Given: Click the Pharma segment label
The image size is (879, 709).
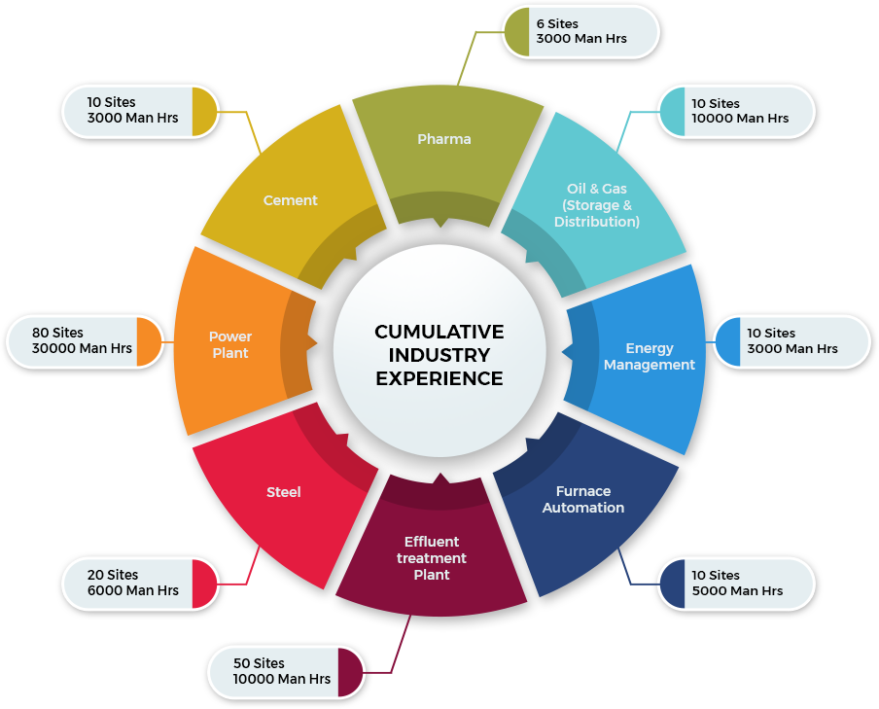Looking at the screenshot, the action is [444, 139].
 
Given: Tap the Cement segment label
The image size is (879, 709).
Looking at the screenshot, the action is [291, 200].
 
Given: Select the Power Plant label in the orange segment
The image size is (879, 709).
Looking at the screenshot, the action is [230, 344].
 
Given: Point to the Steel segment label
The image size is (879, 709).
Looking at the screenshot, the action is [284, 492].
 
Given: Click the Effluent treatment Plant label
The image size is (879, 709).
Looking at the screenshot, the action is [432, 558].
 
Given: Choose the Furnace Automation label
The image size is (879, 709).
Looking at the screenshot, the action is [583, 499].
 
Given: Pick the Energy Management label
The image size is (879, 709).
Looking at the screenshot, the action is [650, 356].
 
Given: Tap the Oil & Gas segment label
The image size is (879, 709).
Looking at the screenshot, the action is [597, 205].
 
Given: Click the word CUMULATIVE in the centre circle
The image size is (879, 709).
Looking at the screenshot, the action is [439, 332].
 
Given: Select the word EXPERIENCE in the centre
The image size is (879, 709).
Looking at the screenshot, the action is [439, 378].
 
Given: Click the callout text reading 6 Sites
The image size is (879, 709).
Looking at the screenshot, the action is [557, 23].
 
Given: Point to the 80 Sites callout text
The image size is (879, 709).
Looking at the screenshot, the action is [57, 333].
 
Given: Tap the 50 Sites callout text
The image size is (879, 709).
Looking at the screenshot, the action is [259, 663].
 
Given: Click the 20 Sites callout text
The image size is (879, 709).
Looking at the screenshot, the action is [113, 575].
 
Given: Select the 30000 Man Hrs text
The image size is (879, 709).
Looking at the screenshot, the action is [82, 348].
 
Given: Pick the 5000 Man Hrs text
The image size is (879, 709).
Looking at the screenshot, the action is [737, 590].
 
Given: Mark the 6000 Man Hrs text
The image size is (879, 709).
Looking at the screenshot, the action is [133, 590].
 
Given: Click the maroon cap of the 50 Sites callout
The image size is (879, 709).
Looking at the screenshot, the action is [350, 673].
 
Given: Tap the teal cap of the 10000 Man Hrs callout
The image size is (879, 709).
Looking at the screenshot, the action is [672, 112].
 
